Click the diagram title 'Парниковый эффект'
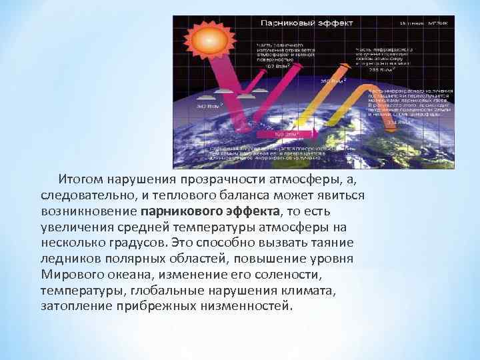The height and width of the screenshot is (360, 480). [289, 22]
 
